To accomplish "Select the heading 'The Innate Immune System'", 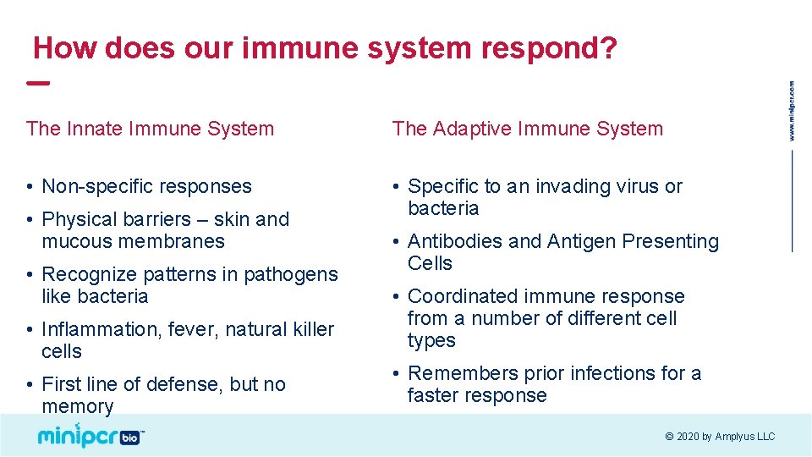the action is (151, 129).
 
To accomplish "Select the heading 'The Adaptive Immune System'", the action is (528, 129).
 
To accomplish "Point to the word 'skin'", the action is (232, 219).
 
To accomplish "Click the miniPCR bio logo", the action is (91, 435).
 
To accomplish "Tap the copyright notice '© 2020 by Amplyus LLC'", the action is (720, 437).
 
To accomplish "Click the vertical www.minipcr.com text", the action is (793, 110).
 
